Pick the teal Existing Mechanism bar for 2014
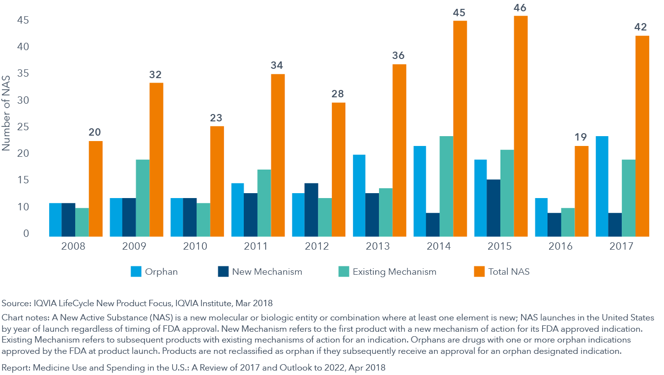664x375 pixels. (x=446, y=187)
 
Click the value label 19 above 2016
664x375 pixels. (x=581, y=137)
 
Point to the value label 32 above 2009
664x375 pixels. (x=156, y=75)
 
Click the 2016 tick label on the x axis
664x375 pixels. (x=560, y=246)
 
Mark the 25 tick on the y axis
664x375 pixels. (x=23, y=127)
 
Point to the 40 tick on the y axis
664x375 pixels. (x=23, y=47)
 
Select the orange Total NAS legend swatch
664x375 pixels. (x=479, y=271)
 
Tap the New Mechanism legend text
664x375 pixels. (x=267, y=271)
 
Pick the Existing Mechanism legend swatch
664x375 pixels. (x=344, y=271)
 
